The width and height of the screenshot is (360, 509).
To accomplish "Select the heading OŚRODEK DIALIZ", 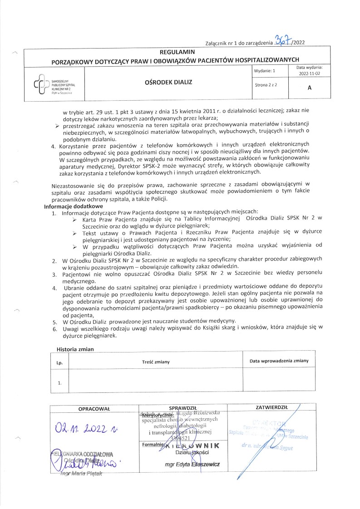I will pos(174,83).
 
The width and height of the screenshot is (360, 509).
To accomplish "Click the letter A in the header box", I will pos(309,88).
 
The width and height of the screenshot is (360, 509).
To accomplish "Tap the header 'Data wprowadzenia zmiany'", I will pos(279,361).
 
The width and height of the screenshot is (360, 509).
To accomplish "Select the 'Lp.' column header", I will pos(59,362).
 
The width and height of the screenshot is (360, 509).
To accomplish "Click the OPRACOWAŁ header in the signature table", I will pos(94,408).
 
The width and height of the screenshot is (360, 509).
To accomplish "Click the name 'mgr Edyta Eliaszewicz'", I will pos(192,465).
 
